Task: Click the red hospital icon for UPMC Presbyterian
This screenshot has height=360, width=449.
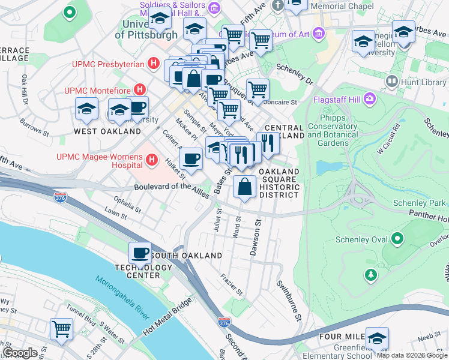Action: tap(154, 63)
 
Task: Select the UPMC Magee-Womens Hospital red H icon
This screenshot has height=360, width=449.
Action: tap(152, 160)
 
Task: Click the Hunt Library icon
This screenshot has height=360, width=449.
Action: tap(393, 80)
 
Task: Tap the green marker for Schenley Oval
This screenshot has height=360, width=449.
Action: tap(397, 239)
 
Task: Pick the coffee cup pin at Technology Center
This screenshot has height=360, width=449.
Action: tap(140, 253)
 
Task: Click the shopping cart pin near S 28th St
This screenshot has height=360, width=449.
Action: tap(61, 329)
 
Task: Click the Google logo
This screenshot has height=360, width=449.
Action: tap(20, 353)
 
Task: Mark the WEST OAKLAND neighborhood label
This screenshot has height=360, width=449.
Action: tap(107, 131)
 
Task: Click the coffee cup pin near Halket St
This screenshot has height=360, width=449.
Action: tap(191, 159)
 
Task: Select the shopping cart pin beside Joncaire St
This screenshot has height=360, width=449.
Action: tap(258, 89)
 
